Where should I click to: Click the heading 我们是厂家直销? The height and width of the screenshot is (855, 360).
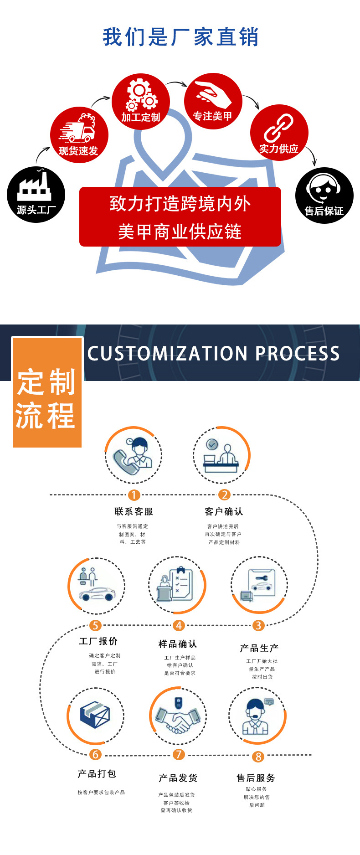180,37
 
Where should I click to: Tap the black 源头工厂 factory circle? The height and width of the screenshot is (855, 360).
36,195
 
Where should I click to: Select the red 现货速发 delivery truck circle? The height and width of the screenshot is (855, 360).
79,135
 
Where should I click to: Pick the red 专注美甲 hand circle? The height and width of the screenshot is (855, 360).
213,101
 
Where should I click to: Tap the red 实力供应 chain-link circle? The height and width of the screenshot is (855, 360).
279,133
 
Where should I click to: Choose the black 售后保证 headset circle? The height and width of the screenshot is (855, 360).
324,195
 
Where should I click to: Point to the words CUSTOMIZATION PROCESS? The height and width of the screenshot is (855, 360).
213,354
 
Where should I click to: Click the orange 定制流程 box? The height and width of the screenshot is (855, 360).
47,399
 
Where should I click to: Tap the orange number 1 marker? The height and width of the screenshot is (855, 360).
134,495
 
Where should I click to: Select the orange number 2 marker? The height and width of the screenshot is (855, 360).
224,495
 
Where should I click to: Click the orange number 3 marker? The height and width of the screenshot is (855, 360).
258,625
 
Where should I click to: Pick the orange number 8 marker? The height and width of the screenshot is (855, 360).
258,757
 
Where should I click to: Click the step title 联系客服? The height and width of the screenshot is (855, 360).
134,511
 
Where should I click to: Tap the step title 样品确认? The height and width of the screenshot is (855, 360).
178,644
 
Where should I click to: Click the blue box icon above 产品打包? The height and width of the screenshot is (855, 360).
95,714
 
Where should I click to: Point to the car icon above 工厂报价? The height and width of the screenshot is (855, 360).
97,592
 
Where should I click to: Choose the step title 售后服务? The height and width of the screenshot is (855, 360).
256,778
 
